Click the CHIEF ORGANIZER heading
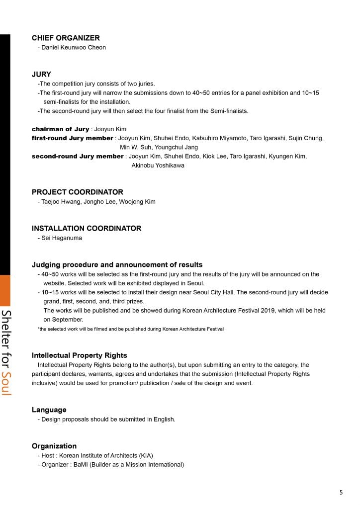click(66, 38)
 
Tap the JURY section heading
click(41, 74)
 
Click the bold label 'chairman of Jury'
click(60, 129)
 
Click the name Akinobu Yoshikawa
click(158, 166)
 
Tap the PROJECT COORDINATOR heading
click(77, 192)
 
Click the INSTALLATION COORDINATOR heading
click(87, 228)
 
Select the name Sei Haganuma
click(62, 238)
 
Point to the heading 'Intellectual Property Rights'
click(79, 355)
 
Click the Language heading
click(49, 410)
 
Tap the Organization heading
click(54, 446)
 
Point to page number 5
click(341, 493)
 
